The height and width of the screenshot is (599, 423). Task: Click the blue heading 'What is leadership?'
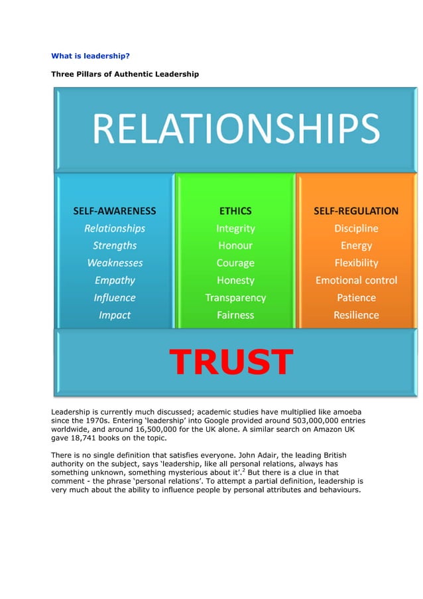pyautogui.click(x=91, y=56)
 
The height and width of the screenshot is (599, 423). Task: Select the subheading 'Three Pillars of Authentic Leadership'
pyautogui.click(x=125, y=74)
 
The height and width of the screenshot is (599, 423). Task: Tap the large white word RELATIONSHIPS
pyautogui.click(x=235, y=129)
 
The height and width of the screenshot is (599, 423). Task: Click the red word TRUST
pyautogui.click(x=231, y=362)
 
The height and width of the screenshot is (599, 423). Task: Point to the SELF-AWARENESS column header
pyautogui.click(x=115, y=211)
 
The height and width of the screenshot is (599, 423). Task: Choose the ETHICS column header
pyautogui.click(x=235, y=211)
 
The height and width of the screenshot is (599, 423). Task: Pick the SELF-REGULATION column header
pyautogui.click(x=356, y=211)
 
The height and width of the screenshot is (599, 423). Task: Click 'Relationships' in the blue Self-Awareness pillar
pyautogui.click(x=115, y=228)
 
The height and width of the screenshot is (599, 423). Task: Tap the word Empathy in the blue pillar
pyautogui.click(x=115, y=280)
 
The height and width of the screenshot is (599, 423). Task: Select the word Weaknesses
pyautogui.click(x=115, y=263)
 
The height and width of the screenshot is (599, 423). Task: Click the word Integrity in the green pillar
pyautogui.click(x=235, y=228)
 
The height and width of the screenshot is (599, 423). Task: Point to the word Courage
pyautogui.click(x=235, y=263)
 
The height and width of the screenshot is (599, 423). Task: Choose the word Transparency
pyautogui.click(x=235, y=298)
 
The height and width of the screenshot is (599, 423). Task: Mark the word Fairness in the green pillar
pyautogui.click(x=235, y=315)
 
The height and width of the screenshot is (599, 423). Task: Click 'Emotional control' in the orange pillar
pyautogui.click(x=356, y=280)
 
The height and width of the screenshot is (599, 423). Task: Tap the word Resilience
pyautogui.click(x=356, y=315)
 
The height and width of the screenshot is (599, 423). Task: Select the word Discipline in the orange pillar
pyautogui.click(x=356, y=228)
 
